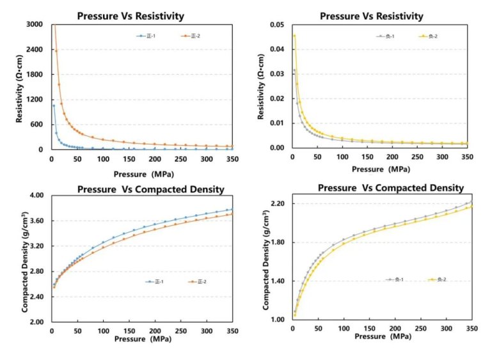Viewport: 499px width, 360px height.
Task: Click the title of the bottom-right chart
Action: click(391, 188)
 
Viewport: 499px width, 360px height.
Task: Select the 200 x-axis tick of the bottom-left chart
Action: click(154, 331)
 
